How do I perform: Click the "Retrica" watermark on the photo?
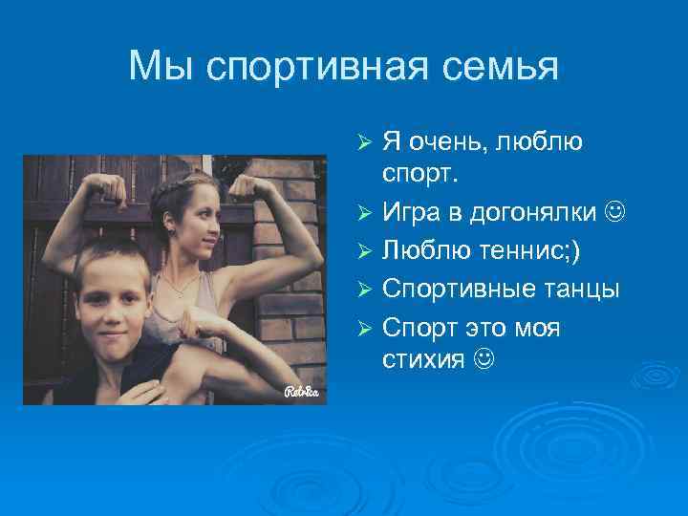[301, 391]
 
